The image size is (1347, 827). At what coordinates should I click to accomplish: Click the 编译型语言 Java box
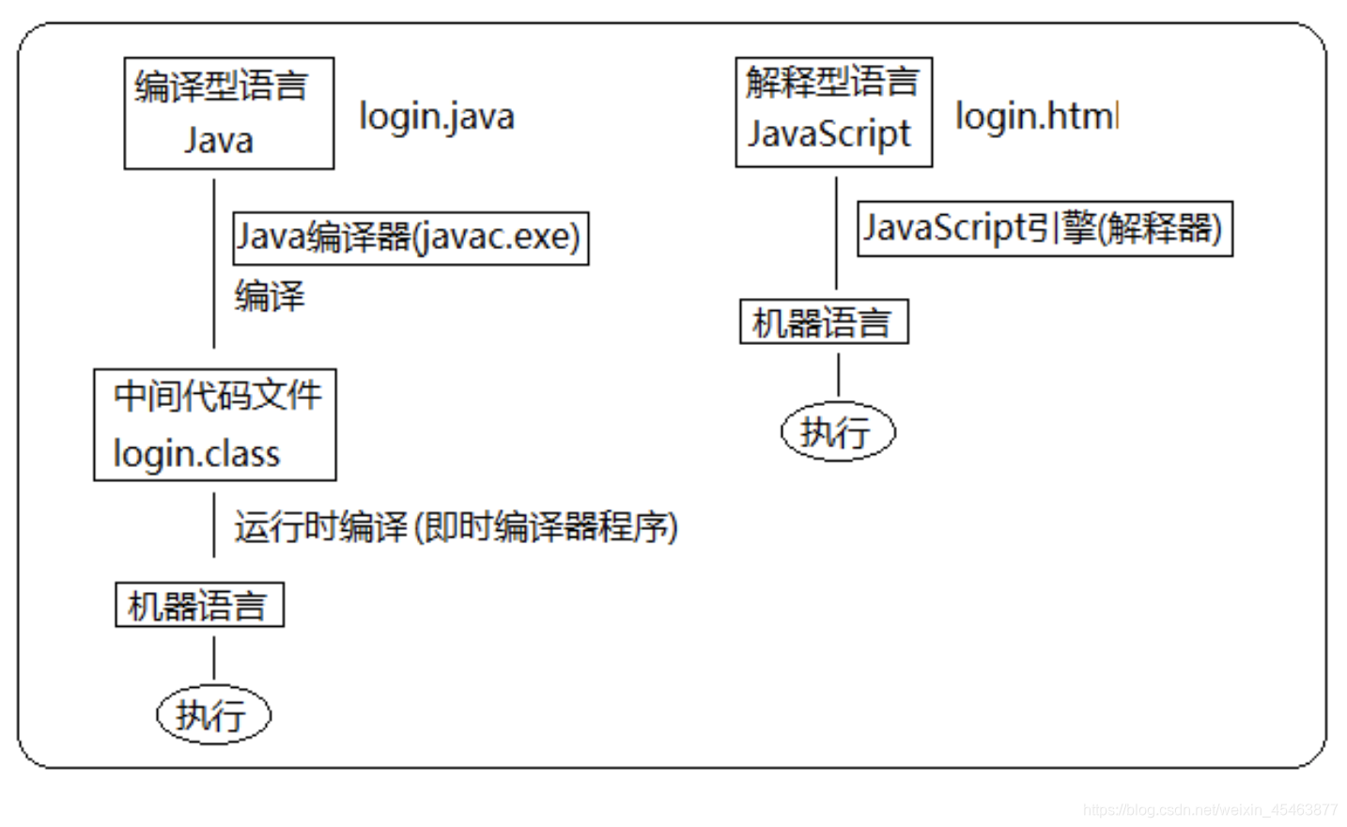[229, 114]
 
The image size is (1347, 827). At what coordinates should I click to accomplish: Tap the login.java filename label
[437, 117]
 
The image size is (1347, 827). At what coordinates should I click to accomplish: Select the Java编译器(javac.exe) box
[410, 238]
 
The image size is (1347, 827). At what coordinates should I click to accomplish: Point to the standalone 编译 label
[270, 296]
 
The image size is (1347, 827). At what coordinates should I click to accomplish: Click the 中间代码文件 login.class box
[215, 425]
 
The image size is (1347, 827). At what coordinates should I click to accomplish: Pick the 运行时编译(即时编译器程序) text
[456, 526]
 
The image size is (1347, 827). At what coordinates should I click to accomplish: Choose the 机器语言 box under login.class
[199, 605]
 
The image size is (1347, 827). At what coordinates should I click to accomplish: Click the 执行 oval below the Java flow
[213, 715]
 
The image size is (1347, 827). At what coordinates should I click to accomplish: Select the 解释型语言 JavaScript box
[833, 112]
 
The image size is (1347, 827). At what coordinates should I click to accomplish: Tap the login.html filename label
[1036, 117]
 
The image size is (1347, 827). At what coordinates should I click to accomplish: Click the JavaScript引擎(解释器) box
[1045, 228]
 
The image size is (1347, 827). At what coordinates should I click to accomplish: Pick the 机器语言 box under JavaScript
[824, 322]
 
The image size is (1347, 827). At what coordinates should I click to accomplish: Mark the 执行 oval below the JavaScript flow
[838, 432]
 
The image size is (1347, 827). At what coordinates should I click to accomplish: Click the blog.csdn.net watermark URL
[1210, 810]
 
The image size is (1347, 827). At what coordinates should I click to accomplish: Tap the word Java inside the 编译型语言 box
[219, 141]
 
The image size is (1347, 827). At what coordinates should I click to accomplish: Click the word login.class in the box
[196, 454]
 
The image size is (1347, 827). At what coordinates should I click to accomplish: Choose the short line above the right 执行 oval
[838, 374]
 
